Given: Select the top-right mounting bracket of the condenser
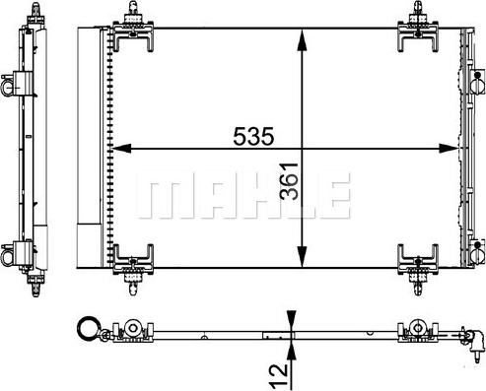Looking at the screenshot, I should [x=420, y=31].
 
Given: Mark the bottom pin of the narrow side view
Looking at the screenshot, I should [x=37, y=291].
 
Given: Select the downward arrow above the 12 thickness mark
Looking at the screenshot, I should [x=292, y=322].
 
